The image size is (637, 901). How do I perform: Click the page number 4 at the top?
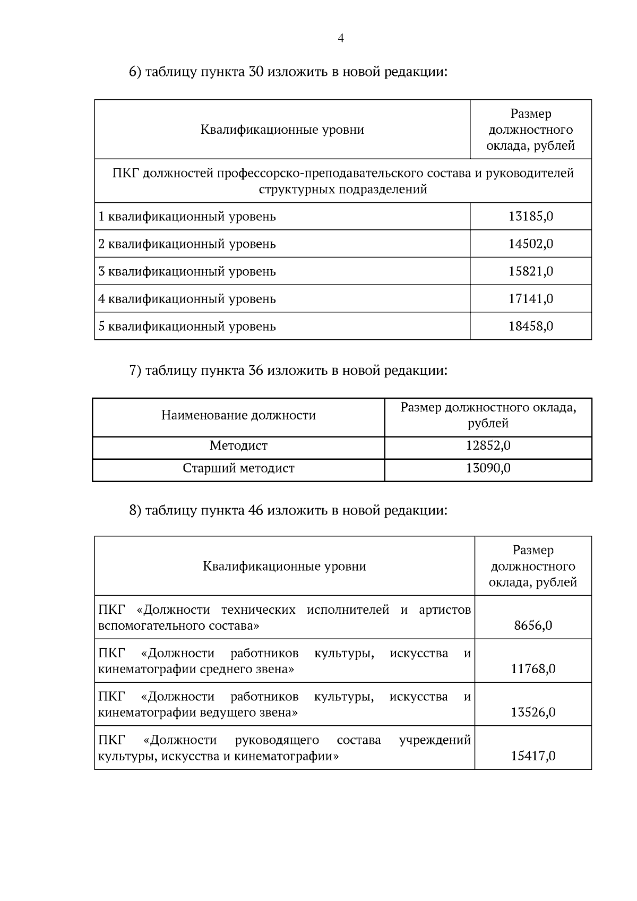click(341, 38)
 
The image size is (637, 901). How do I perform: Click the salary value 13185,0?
click(531, 216)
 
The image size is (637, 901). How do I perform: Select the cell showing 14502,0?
click(531, 244)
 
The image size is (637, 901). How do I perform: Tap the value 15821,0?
click(531, 271)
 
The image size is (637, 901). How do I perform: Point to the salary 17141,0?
click(531, 299)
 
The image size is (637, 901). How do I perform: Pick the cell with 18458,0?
click(531, 326)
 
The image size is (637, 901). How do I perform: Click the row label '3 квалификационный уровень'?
click(187, 271)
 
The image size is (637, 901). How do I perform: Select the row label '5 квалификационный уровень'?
click(187, 326)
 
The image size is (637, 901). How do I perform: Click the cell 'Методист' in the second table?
click(238, 445)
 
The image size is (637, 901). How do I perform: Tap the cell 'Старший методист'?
click(238, 468)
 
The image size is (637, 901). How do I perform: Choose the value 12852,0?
click(488, 445)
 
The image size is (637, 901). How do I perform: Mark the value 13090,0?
click(488, 468)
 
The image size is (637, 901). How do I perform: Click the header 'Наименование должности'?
click(238, 415)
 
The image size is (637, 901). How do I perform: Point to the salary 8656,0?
click(533, 625)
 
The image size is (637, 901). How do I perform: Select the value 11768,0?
click(533, 669)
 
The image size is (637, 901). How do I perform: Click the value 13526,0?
click(533, 713)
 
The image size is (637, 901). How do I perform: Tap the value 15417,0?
click(533, 756)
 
